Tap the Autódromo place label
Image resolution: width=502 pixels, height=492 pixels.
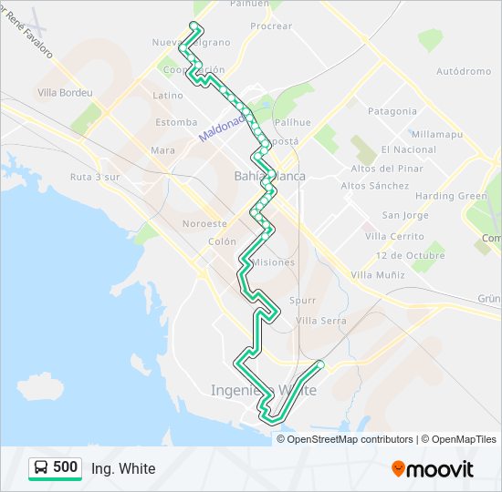(x=464, y=70)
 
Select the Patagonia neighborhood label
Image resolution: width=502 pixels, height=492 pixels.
(x=392, y=111)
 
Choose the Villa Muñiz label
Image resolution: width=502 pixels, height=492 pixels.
(x=377, y=274)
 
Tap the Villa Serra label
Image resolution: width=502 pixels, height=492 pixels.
(x=321, y=321)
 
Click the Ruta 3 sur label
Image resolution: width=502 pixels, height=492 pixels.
(x=96, y=178)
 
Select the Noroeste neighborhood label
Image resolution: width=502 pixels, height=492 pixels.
(x=204, y=223)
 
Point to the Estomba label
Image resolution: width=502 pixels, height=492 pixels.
(x=176, y=122)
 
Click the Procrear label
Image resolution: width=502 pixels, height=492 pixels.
(x=270, y=26)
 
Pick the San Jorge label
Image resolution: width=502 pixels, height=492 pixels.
(x=404, y=215)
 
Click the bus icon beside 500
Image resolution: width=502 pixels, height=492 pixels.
(x=41, y=468)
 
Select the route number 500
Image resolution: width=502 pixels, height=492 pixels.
(x=66, y=467)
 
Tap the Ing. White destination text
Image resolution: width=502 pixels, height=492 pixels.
(x=123, y=469)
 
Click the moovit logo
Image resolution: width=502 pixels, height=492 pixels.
(x=433, y=468)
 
